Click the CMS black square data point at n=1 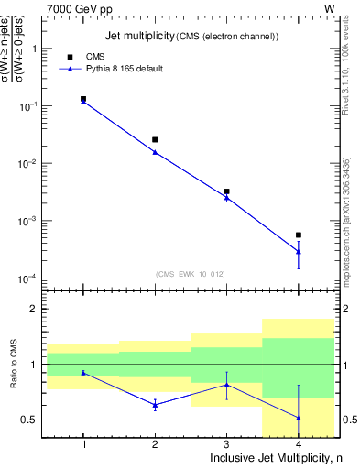tap(83, 99)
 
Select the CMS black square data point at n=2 tap(155, 140)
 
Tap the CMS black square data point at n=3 tap(226, 191)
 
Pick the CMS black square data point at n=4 tap(298, 235)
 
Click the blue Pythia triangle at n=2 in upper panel tap(155, 152)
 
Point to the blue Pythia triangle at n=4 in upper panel tap(298, 251)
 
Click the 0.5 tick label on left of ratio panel tap(33, 420)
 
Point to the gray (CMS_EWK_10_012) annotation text tap(191, 273)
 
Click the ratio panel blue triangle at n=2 tap(155, 404)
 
